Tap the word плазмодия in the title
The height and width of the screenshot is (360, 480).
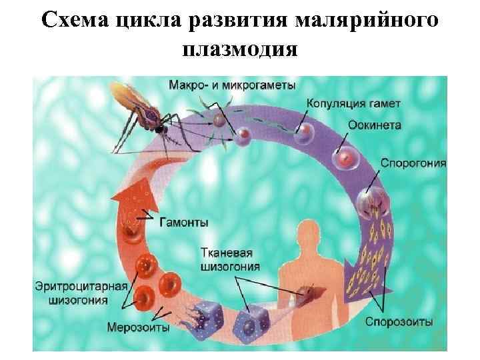[239, 49]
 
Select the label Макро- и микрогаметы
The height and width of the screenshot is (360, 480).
[231, 85]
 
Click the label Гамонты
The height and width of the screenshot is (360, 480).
[183, 222]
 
